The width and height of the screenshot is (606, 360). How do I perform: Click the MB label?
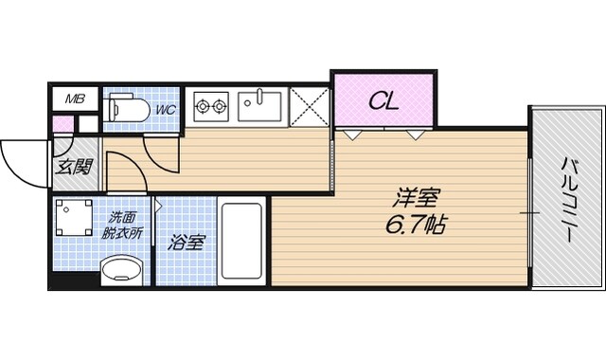[75, 98]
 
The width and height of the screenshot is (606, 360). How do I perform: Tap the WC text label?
[165, 109]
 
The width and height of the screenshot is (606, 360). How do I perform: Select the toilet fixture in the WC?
[126, 109]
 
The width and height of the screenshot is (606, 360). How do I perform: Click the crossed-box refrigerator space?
[310, 107]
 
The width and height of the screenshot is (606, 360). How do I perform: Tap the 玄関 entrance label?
[74, 169]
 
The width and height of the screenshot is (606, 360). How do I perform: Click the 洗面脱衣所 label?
[122, 223]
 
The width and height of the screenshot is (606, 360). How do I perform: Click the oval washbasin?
[121, 269]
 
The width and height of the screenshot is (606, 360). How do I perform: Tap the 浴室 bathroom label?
[186, 243]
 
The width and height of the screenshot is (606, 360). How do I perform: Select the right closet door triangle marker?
[416, 135]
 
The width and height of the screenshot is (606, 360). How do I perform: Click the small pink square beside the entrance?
[62, 123]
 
